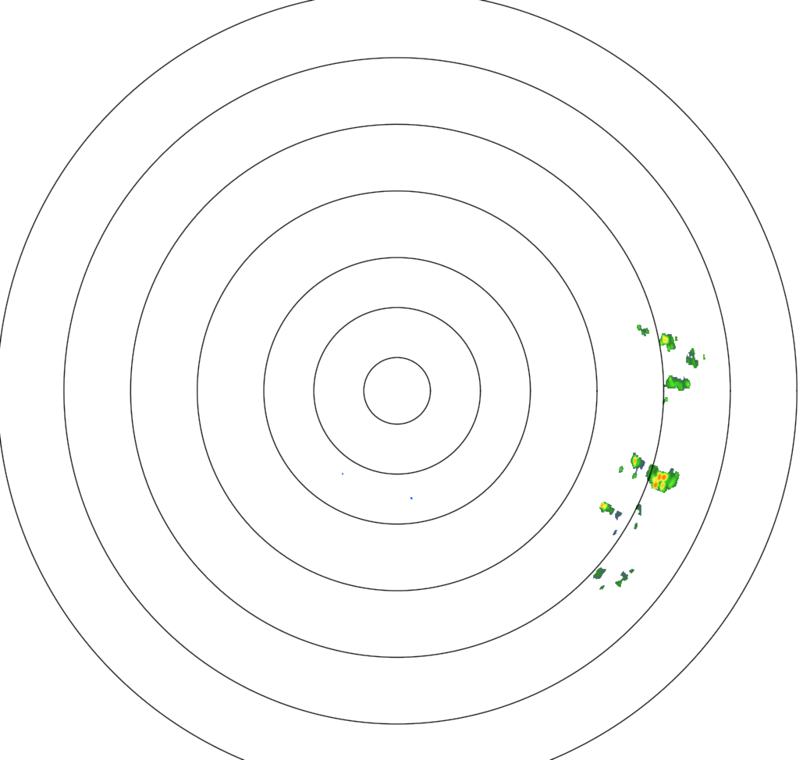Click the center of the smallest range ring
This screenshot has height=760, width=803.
pos(396,390)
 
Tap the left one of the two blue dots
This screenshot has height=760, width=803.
pos(343,474)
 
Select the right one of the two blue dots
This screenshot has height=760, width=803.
pos(411,498)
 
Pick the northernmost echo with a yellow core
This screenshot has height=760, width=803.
pos(667,341)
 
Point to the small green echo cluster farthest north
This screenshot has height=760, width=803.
pos(642,329)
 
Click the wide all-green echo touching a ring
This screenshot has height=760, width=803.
pos(677,383)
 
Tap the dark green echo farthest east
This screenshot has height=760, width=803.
pos(691,359)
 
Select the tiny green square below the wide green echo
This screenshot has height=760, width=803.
pos(666,400)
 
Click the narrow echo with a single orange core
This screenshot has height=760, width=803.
pos(636,460)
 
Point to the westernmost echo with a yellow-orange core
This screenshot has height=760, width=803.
pos(605,507)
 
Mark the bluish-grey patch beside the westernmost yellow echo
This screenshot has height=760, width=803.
pos(617,514)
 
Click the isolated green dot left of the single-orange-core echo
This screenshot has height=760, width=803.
pos(621,469)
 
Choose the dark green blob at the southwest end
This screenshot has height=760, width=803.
pos(599,574)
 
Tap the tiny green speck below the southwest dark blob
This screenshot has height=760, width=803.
pos(602,587)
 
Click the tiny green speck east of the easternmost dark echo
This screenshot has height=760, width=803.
pos(704,357)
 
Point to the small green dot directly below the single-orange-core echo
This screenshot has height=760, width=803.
pos(634,475)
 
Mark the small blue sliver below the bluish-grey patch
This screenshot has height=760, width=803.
pos(614,532)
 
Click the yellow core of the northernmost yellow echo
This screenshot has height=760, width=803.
pos(666,339)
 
